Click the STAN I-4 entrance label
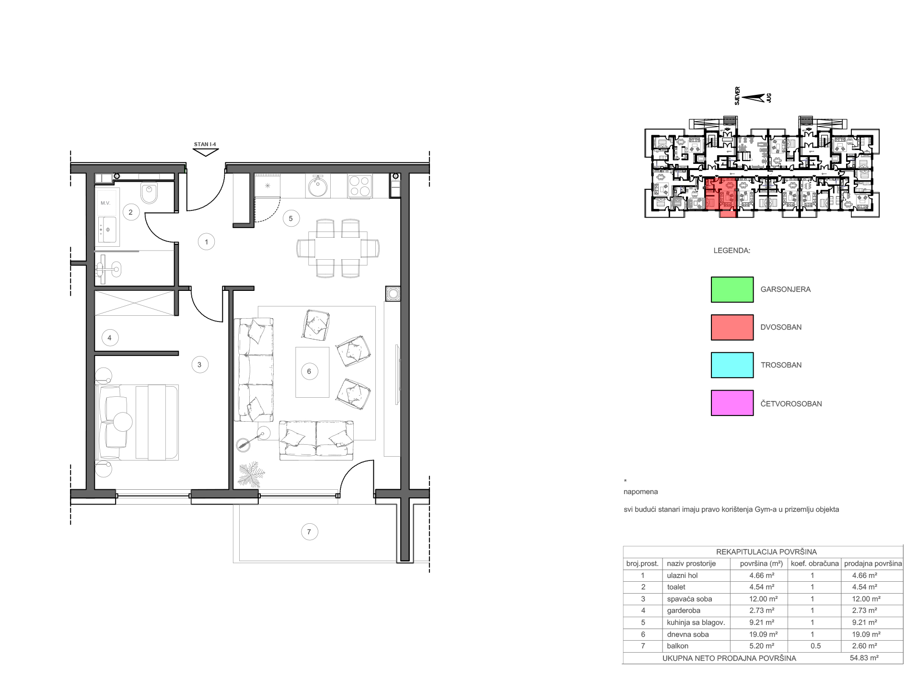click(x=205, y=144)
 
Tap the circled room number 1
click(x=206, y=242)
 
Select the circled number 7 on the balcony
click(x=309, y=531)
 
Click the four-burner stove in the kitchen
click(x=360, y=186)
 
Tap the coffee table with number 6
click(x=312, y=372)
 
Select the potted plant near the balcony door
click(x=252, y=474)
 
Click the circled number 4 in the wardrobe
click(x=110, y=338)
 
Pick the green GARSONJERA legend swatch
click(x=732, y=289)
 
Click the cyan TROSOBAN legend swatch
click(x=732, y=365)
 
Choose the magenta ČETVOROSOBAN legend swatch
click(x=732, y=403)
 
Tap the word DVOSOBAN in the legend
click(x=781, y=327)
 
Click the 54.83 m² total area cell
click(x=864, y=658)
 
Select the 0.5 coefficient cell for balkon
click(x=815, y=646)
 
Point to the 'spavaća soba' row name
click(x=689, y=599)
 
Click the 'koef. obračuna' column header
click(x=814, y=564)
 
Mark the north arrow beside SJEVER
click(x=753, y=98)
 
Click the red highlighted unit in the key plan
click(x=720, y=196)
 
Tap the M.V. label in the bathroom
click(x=105, y=203)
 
